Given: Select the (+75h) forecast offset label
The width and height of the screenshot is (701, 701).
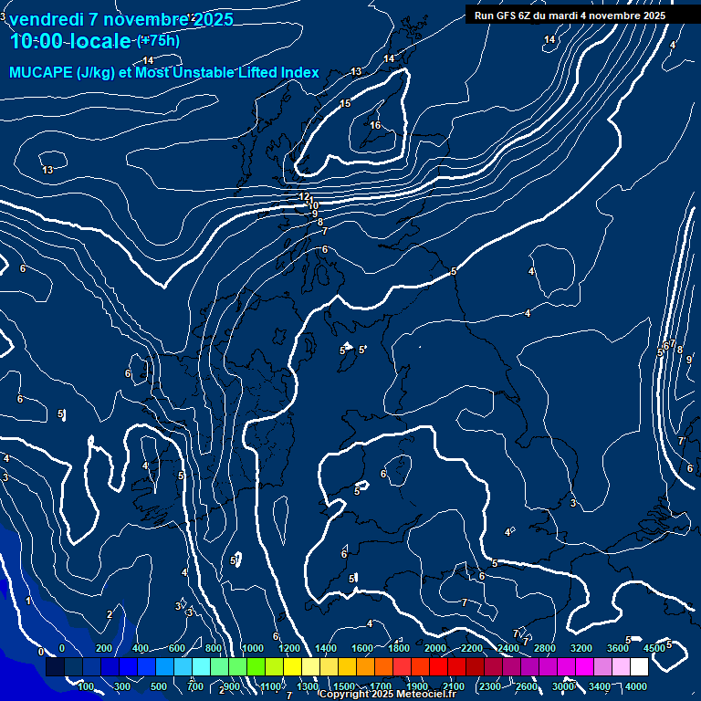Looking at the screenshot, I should pos(158,40).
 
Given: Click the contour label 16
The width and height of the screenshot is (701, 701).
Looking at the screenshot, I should pos(375,126).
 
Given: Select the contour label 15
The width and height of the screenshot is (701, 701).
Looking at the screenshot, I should pos(345,104).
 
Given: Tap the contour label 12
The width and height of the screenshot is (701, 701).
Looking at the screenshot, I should pos(304,196).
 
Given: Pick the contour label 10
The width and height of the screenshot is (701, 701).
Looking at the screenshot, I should pos(313,205).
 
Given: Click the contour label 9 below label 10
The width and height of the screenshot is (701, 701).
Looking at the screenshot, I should pos(315,214).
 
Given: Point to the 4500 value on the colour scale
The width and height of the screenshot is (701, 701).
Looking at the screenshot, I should pos(654,648).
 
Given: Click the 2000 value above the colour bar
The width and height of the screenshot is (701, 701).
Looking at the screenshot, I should pos(435,648).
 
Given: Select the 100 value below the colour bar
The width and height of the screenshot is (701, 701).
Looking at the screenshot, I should pos(86,686).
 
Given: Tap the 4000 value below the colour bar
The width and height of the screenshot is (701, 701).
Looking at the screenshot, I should pos(636,686).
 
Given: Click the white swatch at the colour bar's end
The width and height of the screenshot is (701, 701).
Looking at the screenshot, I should pos(640,667).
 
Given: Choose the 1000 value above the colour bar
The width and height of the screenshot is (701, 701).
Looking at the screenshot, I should pos(253,648).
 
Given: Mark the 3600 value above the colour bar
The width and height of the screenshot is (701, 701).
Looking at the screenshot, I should pos(618,648).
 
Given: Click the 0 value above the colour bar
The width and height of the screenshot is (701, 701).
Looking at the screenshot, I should pos(62,648).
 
